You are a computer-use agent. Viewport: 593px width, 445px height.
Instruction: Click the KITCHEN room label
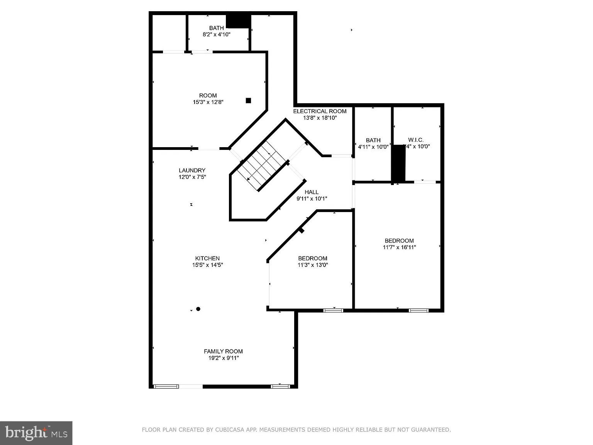(x=207, y=258)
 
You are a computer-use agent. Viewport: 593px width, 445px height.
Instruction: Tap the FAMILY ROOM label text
(x=223, y=351)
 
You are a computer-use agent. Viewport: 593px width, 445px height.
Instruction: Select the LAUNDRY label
(x=192, y=170)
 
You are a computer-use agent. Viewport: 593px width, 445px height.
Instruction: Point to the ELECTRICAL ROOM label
(x=320, y=111)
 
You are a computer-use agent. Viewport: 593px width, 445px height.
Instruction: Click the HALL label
(x=312, y=192)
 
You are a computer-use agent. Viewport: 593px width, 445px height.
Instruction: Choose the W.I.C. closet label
(x=416, y=140)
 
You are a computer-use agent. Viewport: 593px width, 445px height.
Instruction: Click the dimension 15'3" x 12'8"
(x=208, y=102)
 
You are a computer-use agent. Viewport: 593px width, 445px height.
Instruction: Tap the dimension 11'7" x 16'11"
(x=399, y=247)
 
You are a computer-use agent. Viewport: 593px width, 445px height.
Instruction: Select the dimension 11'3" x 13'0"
(x=312, y=265)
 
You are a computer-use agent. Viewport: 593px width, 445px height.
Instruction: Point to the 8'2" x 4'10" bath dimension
(x=216, y=34)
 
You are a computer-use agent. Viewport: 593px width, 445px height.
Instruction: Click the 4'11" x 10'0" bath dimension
(x=373, y=147)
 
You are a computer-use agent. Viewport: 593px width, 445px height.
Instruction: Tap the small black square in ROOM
(x=248, y=100)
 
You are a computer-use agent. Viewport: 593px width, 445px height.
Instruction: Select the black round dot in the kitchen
(x=198, y=309)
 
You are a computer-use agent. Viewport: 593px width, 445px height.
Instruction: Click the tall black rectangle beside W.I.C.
(x=398, y=163)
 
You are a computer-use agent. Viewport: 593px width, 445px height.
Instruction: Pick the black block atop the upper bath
(x=238, y=21)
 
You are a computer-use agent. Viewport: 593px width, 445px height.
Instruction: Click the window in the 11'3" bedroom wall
(x=333, y=310)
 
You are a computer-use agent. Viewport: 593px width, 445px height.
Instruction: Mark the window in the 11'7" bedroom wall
(x=418, y=310)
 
